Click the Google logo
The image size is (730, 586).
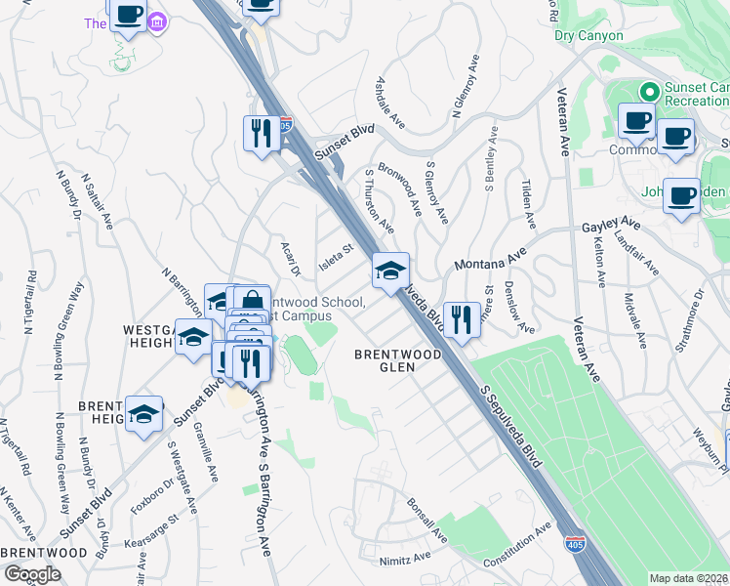pyautogui.click(x=32, y=574)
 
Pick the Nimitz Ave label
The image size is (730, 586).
pyautogui.click(x=406, y=557)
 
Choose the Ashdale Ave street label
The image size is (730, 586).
pyautogui.click(x=390, y=104)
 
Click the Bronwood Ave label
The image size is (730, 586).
pyautogui.click(x=400, y=188)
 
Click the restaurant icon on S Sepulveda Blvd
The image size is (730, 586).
pyautogui.click(x=462, y=319)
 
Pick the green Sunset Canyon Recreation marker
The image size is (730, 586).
pyautogui.click(x=647, y=92)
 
